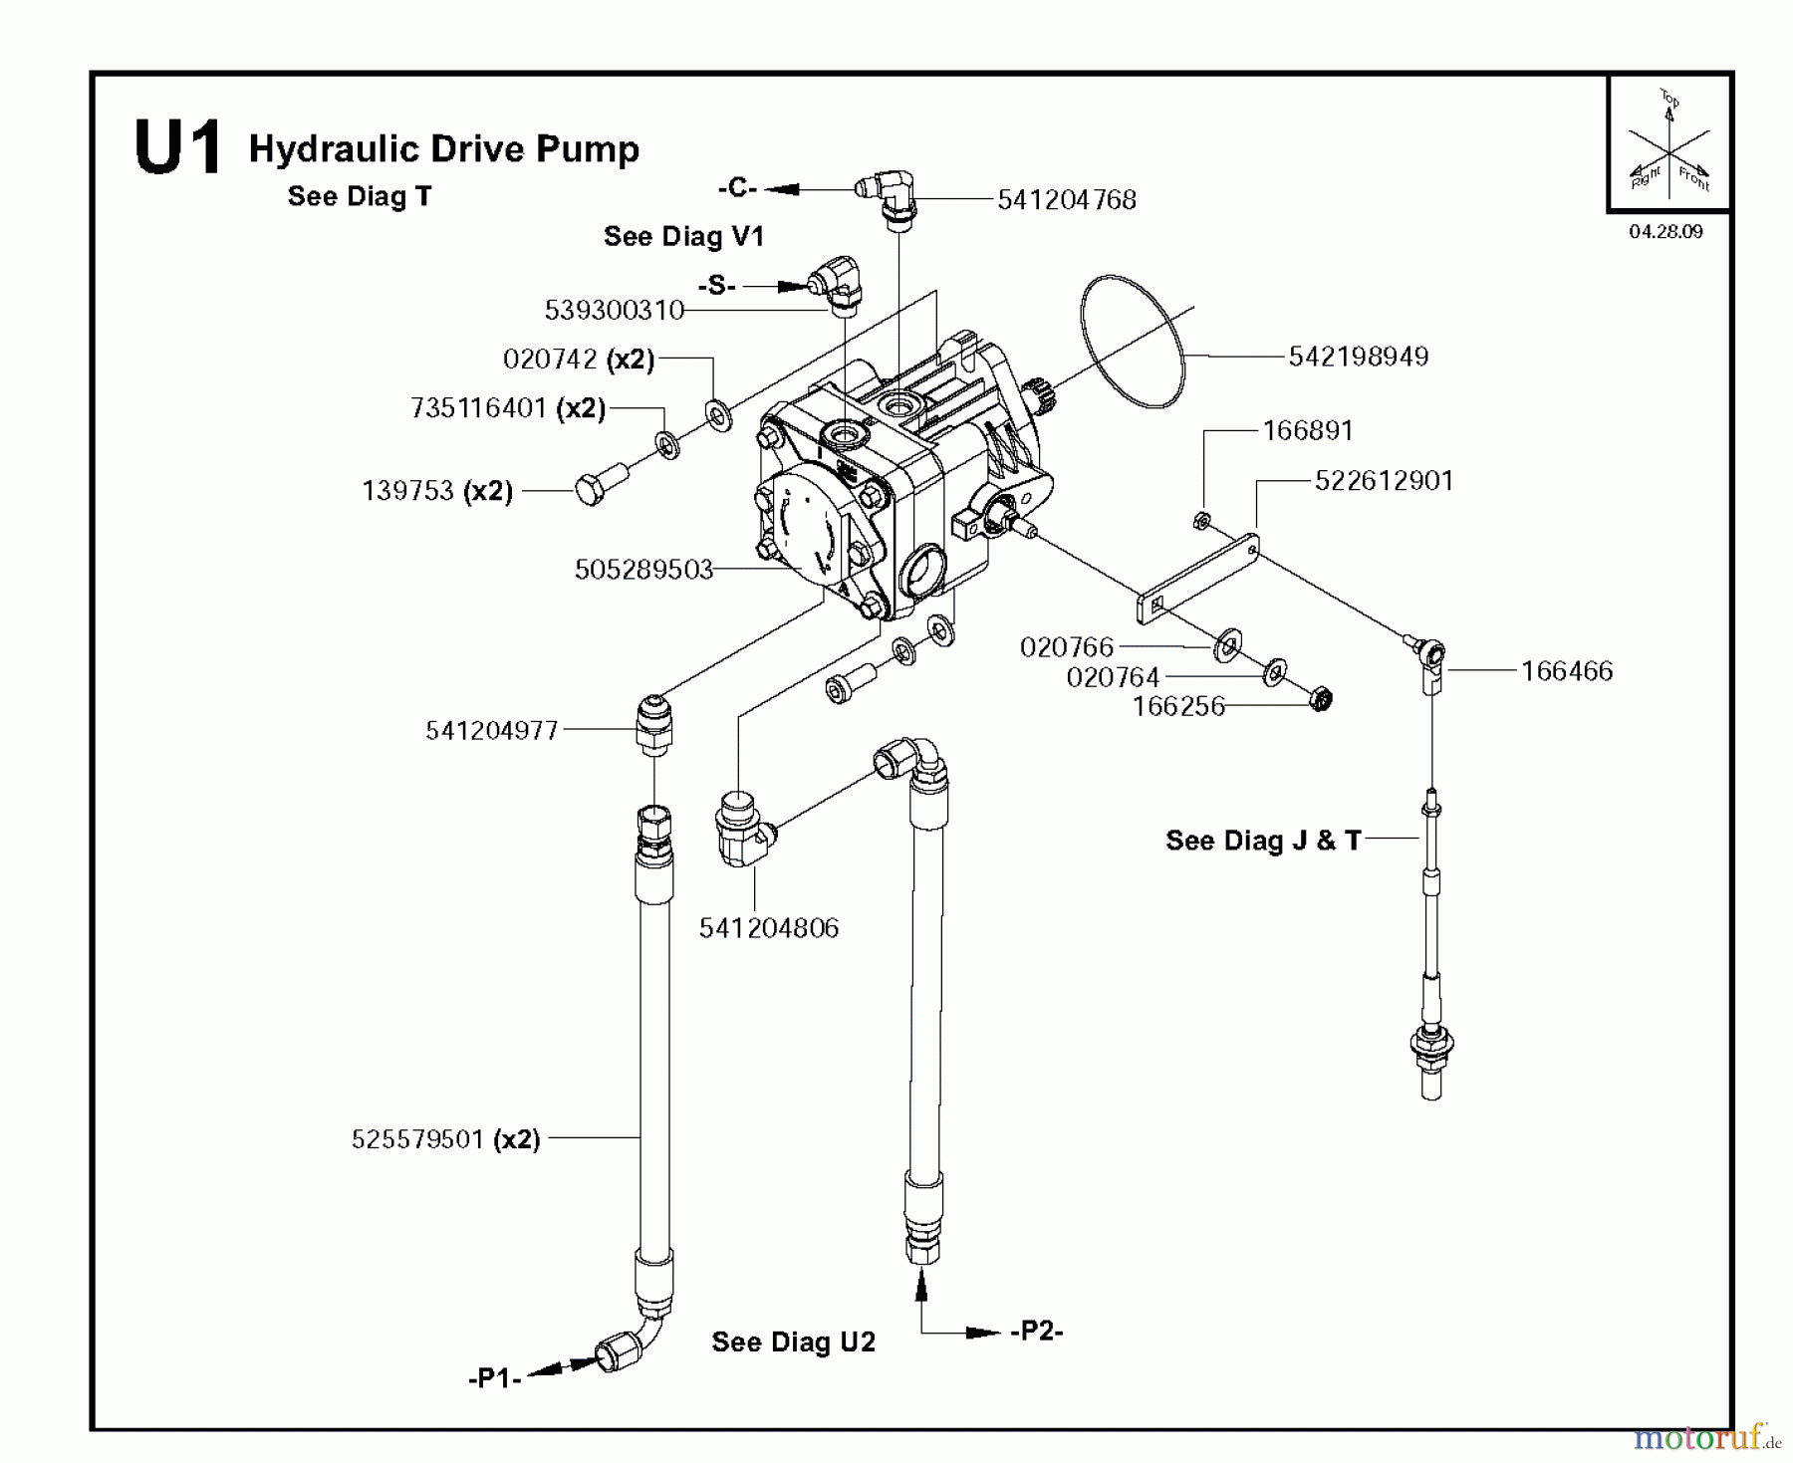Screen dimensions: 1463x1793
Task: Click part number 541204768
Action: (x=1067, y=200)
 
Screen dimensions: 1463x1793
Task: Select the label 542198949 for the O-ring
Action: (x=1358, y=357)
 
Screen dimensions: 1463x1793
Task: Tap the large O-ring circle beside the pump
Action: (x=1133, y=342)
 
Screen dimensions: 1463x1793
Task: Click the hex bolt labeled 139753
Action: (x=593, y=489)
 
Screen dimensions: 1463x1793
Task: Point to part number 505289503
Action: (x=643, y=570)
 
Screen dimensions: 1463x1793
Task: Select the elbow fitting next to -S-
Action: (x=837, y=282)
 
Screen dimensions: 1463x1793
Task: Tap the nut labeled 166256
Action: (x=1320, y=699)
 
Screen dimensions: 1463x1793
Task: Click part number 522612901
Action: (x=1384, y=481)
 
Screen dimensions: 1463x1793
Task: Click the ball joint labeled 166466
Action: (x=1431, y=656)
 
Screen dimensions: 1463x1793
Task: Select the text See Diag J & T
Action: (x=1262, y=841)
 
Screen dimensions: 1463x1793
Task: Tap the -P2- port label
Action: (x=1036, y=1332)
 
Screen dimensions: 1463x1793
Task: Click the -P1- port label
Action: (x=495, y=1379)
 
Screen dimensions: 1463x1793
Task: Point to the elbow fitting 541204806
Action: (x=741, y=829)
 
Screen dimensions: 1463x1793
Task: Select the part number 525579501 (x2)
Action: (x=445, y=1139)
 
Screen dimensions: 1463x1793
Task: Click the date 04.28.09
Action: (x=1665, y=232)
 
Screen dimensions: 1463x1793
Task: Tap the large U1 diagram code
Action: (x=177, y=149)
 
